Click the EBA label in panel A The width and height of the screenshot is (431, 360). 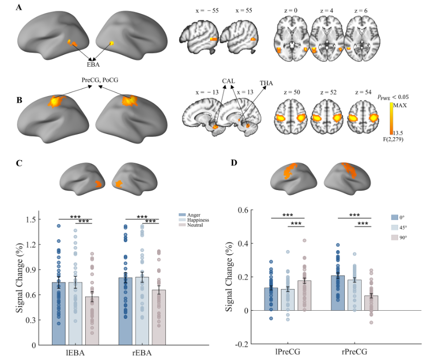click(x=93, y=65)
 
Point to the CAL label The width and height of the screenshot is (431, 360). click(x=230, y=81)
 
